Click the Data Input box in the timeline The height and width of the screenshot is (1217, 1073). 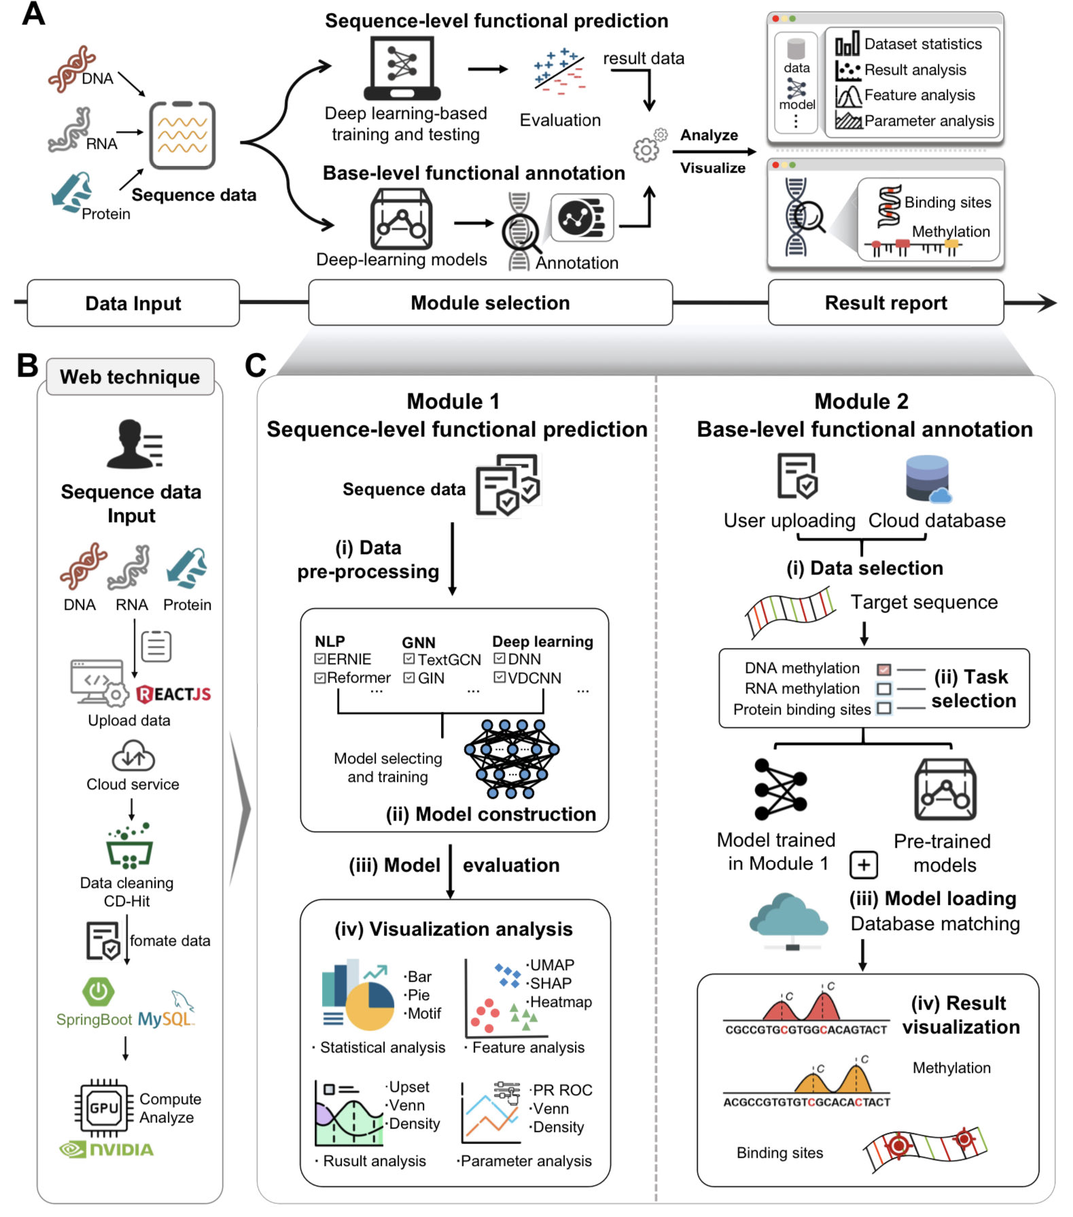click(x=133, y=303)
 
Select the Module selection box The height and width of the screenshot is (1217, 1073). click(x=490, y=303)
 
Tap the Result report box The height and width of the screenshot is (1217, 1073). click(x=885, y=303)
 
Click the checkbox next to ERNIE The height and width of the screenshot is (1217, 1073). click(x=320, y=659)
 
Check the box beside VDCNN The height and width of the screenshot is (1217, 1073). click(x=499, y=677)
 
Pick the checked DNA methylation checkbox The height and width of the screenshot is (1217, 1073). click(x=884, y=670)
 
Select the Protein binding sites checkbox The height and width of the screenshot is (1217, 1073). click(x=884, y=708)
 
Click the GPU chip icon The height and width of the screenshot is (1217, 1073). click(x=104, y=1108)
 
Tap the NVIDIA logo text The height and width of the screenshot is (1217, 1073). click(x=107, y=1150)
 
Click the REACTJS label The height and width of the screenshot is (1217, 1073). click(x=174, y=694)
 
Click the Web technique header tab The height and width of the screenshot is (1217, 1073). click(x=130, y=377)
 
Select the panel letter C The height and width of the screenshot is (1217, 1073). click(x=256, y=366)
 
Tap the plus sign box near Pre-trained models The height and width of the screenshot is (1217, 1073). click(x=864, y=865)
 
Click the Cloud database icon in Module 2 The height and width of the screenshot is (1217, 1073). click(x=928, y=479)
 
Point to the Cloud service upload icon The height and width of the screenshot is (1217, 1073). click(x=133, y=756)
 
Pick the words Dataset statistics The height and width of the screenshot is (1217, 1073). click(x=923, y=44)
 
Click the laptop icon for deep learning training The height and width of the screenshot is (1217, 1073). click(x=402, y=68)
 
